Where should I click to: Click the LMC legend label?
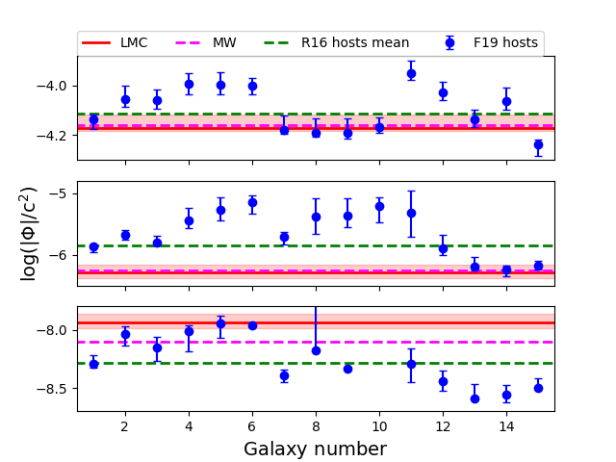click(134, 42)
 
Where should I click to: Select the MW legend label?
click(224, 42)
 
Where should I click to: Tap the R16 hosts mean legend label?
click(355, 42)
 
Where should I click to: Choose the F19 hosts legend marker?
click(450, 42)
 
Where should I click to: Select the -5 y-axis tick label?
click(62, 193)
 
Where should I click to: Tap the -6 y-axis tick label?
click(62, 256)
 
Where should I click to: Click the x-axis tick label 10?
click(379, 426)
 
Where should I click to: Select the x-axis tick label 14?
click(506, 426)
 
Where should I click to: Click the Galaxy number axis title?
click(316, 449)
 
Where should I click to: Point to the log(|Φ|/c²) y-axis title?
click(28, 234)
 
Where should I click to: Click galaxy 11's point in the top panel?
click(411, 73)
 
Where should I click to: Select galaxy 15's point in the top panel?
click(538, 144)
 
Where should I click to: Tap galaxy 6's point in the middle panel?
click(252, 203)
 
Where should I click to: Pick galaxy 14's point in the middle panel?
click(506, 269)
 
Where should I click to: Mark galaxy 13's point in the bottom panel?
click(475, 398)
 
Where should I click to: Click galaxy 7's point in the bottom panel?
click(285, 376)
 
